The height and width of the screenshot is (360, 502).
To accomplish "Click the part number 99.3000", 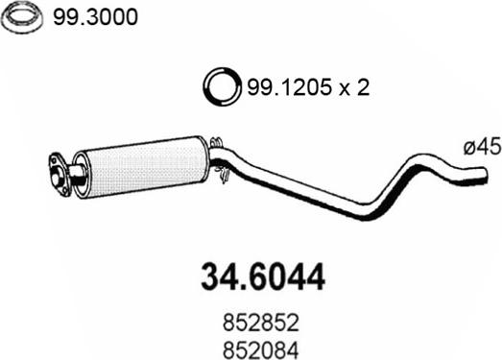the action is pos(95,17).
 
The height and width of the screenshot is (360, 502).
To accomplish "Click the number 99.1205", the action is pos(289,87).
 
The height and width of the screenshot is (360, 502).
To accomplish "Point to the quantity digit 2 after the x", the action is pos(363,87).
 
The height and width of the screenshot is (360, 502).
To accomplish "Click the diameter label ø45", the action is pos(482,147).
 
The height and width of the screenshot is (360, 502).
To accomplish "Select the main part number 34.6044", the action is pos(263,277).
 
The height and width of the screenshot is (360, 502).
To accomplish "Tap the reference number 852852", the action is pos(261,323).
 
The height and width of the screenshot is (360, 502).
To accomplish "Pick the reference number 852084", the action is pos(261,350).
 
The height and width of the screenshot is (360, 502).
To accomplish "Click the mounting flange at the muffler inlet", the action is pos(60,174).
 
